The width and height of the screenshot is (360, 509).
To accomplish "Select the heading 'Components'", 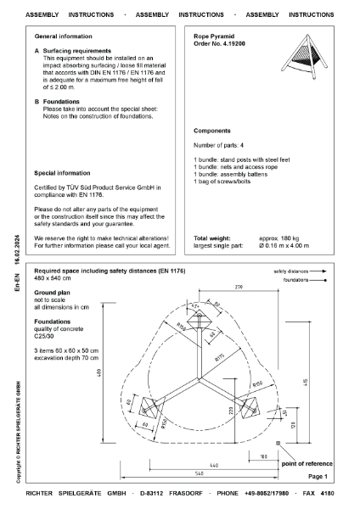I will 212,132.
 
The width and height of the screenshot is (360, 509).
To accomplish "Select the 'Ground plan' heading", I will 53,290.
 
